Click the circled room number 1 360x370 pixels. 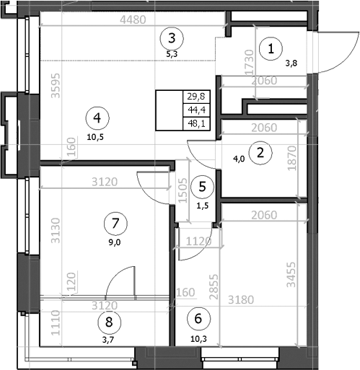coord(271,49)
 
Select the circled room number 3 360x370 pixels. coord(171,37)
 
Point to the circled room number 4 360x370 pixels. coord(96,115)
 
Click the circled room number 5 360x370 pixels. coord(203,186)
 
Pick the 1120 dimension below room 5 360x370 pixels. coord(197,241)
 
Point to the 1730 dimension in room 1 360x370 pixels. coord(248,63)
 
